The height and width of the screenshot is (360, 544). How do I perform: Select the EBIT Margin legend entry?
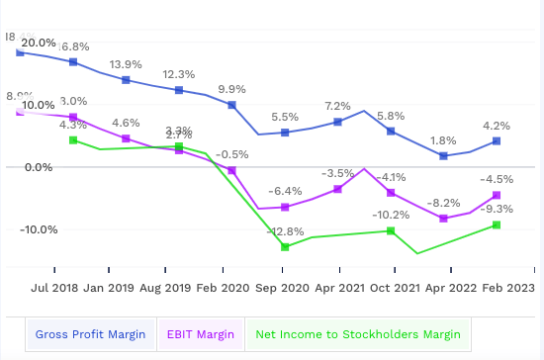click(x=201, y=334)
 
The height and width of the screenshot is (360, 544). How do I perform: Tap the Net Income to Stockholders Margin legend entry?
click(x=358, y=334)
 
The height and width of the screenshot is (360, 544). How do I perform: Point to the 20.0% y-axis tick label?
click(x=39, y=44)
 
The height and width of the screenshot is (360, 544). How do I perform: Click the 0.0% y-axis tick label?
click(x=39, y=167)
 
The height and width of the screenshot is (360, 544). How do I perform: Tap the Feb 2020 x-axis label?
click(x=224, y=290)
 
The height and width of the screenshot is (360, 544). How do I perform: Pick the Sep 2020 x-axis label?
click(x=283, y=290)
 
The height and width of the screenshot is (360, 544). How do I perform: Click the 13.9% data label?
click(x=126, y=63)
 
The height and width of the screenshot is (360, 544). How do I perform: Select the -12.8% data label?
click(x=286, y=230)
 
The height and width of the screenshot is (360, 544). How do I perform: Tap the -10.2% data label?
click(x=391, y=215)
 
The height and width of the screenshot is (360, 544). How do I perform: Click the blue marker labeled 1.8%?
click(x=444, y=156)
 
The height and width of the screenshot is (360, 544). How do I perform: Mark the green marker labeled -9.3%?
click(x=497, y=225)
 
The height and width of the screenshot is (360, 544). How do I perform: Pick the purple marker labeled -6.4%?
click(x=285, y=208)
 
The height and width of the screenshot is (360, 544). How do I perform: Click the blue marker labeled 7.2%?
click(x=338, y=122)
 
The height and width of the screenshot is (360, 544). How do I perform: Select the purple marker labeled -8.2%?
click(x=444, y=219)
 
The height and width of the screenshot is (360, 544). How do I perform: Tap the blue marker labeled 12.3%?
click(x=179, y=91)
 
